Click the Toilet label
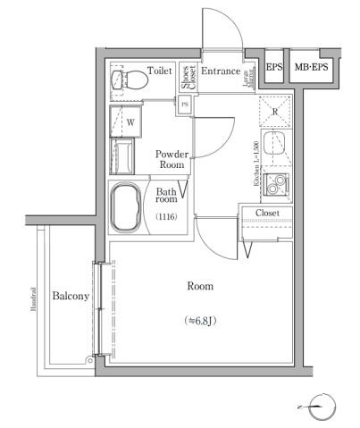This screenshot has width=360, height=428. click(x=160, y=71)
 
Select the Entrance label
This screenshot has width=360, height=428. click(x=221, y=71)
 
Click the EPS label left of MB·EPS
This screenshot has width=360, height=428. click(x=274, y=68)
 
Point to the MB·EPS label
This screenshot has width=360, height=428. click(x=311, y=68)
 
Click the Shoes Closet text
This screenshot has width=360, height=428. click(x=186, y=77)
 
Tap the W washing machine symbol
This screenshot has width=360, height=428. click(x=130, y=121)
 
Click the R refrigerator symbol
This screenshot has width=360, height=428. click(x=275, y=113)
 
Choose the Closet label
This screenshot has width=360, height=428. click(x=267, y=213)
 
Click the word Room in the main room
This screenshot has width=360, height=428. click(x=199, y=287)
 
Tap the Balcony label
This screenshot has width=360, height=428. click(x=70, y=296)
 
